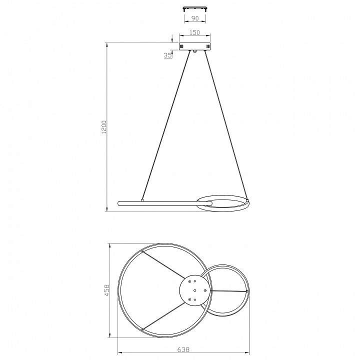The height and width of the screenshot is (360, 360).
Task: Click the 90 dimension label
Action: pyautogui.click(x=194, y=18)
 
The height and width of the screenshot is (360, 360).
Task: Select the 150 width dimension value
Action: pyautogui.click(x=194, y=32)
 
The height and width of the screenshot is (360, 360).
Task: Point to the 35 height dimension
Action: pyautogui.click(x=168, y=55)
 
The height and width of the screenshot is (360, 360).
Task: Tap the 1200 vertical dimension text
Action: pyautogui.click(x=104, y=127)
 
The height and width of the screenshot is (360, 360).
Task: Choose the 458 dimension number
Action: pyautogui.click(x=107, y=290)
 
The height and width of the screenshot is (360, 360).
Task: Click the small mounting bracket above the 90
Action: pyautogui.click(x=194, y=8)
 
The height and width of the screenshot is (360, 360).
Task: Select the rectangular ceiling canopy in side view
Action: pyautogui.click(x=194, y=46)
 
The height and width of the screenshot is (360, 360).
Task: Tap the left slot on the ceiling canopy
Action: pyautogui.click(x=182, y=46)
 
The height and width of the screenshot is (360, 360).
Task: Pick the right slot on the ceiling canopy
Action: pyautogui.click(x=208, y=46)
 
